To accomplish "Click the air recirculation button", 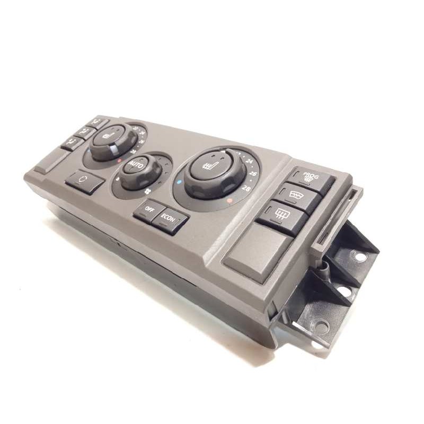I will tap(85, 182).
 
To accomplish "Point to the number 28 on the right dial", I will tap(246, 188).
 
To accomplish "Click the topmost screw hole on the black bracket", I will tap(361, 257).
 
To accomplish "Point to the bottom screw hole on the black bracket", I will tap(322, 326).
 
